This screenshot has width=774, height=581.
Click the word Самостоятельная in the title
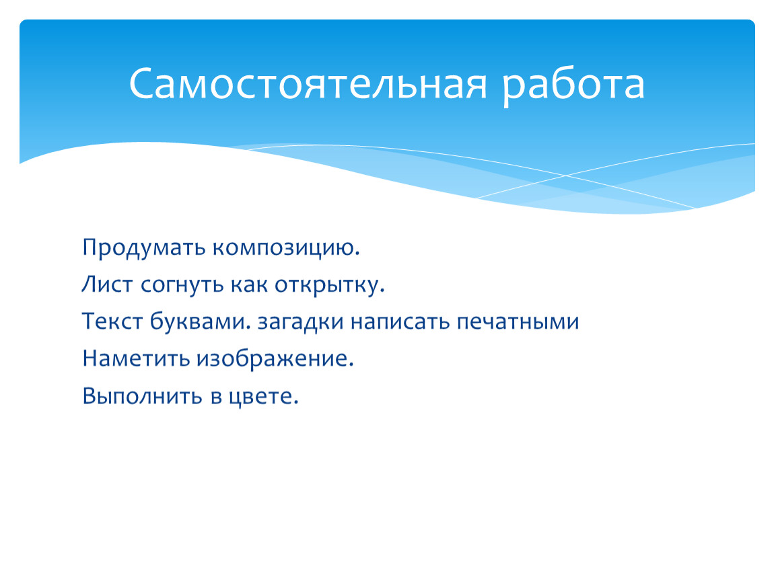tap(308, 83)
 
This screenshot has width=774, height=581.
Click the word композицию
tap(286, 248)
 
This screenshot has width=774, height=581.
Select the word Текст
tap(112, 321)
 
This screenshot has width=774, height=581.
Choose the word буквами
tap(198, 321)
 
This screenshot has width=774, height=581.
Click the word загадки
tap(300, 321)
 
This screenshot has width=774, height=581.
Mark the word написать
tap(400, 321)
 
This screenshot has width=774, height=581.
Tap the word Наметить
tap(136, 358)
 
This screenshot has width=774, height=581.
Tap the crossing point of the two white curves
tap(565, 176)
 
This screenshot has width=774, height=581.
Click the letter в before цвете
tap(216, 397)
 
